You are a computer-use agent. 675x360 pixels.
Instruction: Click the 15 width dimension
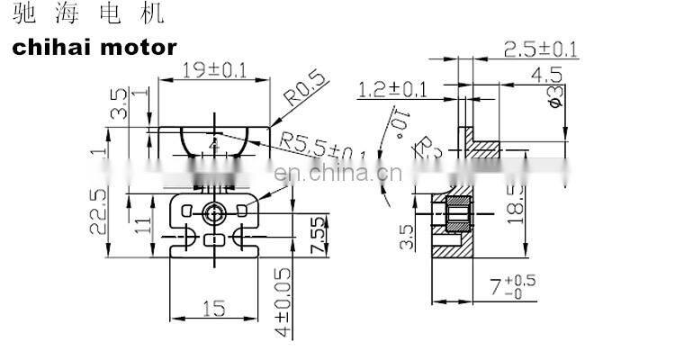point(213,308)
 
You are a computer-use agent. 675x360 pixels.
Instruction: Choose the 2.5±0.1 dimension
point(539,49)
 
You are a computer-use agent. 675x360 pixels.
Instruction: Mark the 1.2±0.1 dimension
point(393,89)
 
